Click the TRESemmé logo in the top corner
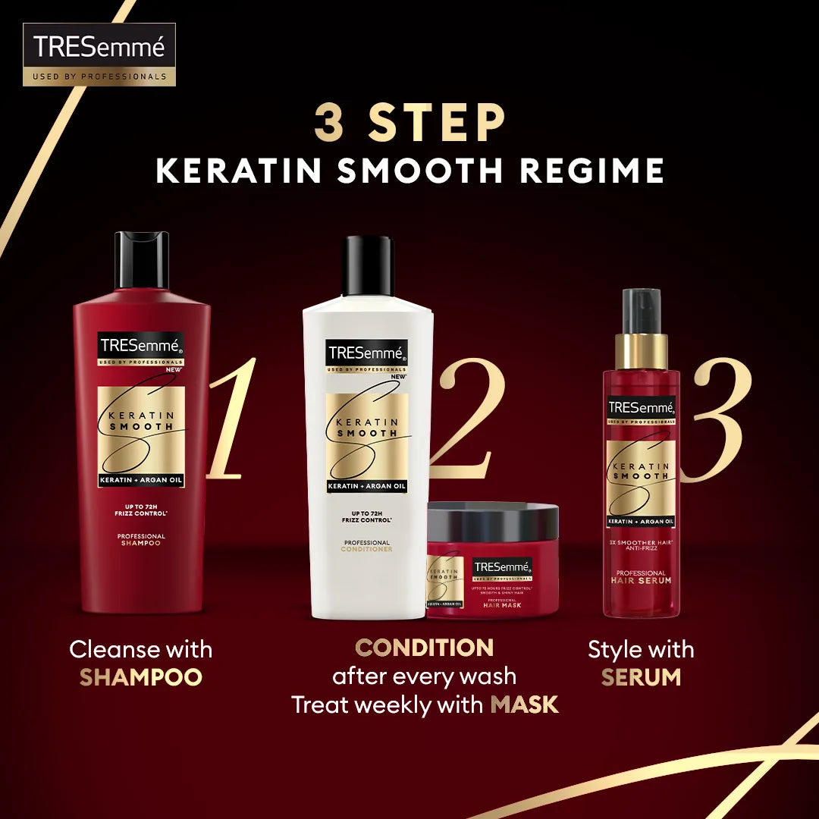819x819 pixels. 99,54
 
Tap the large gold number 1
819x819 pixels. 228,421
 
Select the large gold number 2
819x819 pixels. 464,421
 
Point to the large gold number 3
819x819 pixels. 717,421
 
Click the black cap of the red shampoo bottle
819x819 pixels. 142,260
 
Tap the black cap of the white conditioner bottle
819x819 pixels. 369,265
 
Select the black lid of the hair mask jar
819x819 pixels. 493,521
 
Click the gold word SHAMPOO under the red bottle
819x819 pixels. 141,677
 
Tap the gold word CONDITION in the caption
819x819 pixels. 425,648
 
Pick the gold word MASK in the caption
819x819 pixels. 524,704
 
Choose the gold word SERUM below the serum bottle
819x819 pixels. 642,677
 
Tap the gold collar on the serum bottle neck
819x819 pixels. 642,351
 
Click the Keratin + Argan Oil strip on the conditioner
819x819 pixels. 367,486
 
